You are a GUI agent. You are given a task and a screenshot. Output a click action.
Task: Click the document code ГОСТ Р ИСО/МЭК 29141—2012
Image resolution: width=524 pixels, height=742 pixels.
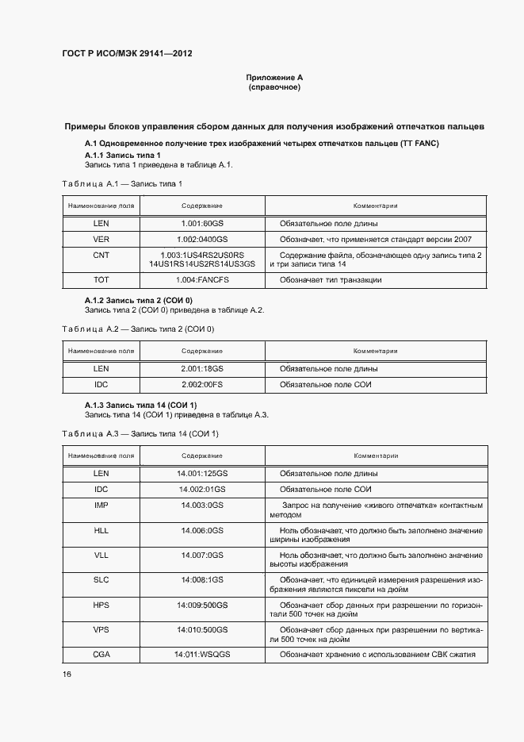128,54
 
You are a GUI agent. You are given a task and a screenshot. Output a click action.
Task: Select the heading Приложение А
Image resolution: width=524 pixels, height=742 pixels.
274,78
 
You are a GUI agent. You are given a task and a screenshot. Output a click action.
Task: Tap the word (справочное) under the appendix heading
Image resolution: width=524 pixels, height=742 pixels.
274,87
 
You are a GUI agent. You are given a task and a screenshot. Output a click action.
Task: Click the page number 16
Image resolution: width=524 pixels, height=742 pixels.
67,674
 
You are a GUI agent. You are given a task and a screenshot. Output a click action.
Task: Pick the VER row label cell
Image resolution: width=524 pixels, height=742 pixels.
101,239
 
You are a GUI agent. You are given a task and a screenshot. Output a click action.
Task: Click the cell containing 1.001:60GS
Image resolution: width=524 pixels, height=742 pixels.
202,224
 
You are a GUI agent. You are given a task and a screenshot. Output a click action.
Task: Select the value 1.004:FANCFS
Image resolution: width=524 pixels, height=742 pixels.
202,280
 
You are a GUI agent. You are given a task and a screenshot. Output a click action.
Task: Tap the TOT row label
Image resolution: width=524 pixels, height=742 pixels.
101,280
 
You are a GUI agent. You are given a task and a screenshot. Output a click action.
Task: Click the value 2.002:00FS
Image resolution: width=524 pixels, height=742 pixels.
202,385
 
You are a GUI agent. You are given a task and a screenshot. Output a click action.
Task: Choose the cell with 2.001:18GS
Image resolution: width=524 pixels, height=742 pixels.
202,369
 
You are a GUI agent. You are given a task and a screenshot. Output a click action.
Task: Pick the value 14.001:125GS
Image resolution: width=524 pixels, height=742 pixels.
202,473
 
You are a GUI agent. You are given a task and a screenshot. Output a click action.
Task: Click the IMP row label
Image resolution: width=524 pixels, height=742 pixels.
101,505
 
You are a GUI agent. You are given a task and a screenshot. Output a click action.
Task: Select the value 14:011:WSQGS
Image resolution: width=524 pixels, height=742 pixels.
202,654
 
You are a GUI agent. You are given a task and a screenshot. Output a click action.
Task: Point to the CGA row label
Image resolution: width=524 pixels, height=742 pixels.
101,654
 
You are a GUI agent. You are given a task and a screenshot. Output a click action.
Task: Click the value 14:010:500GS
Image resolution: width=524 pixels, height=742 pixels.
202,629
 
